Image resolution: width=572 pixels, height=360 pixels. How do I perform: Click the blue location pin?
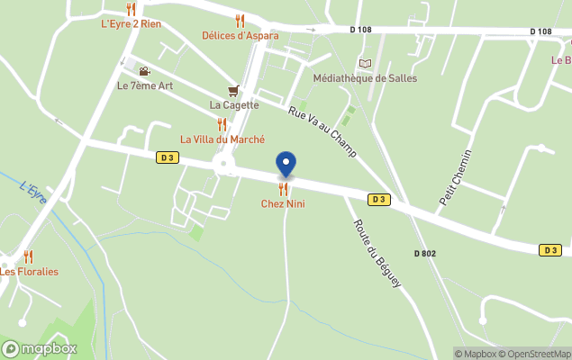tap(286, 164)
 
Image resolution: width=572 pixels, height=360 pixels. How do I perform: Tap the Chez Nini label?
tap(283, 204)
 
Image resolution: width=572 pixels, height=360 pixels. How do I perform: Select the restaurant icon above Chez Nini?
tap(283, 189)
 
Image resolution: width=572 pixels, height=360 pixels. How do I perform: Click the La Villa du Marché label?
tap(222, 139)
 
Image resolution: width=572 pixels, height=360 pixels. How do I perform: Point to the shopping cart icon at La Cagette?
tap(234, 90)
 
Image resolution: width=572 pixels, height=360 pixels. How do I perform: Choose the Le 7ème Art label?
tap(145, 86)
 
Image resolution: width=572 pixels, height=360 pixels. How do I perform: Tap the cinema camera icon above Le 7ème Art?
tap(144, 71)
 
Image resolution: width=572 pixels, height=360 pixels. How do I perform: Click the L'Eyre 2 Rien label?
tap(132, 23)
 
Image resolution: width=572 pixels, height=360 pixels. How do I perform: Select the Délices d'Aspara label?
tap(240, 36)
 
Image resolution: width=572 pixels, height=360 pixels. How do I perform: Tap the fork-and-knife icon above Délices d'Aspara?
tap(240, 20)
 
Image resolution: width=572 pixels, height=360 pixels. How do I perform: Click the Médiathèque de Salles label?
tap(364, 78)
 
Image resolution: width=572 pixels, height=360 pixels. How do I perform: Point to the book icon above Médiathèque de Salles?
tap(364, 63)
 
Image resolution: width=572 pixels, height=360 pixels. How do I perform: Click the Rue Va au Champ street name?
tap(322, 131)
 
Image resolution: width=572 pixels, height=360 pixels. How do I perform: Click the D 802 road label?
tap(425, 254)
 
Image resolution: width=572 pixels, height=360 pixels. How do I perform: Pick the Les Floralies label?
tap(29, 272)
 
